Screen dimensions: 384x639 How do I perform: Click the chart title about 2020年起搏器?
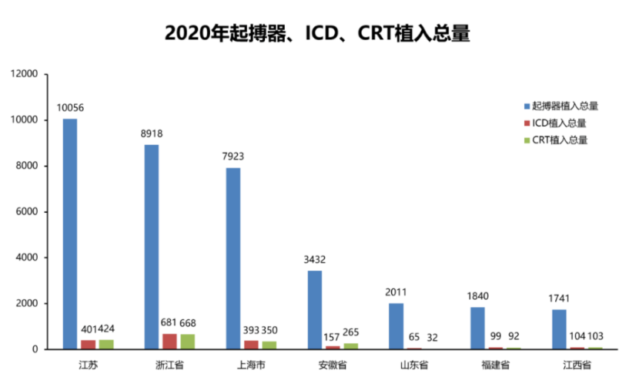click(318, 32)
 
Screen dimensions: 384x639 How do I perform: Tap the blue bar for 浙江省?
click(152, 247)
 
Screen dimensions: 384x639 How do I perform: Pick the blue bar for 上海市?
click(234, 258)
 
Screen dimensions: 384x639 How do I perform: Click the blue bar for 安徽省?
click(316, 309)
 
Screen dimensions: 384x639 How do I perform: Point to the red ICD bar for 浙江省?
click(169, 342)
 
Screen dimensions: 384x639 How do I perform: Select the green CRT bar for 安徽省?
click(350, 346)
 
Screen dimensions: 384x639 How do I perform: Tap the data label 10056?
click(70, 109)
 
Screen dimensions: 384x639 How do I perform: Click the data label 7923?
click(234, 157)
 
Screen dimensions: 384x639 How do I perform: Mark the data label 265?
click(353, 332)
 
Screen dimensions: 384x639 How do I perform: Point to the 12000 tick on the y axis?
click(24, 74)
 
